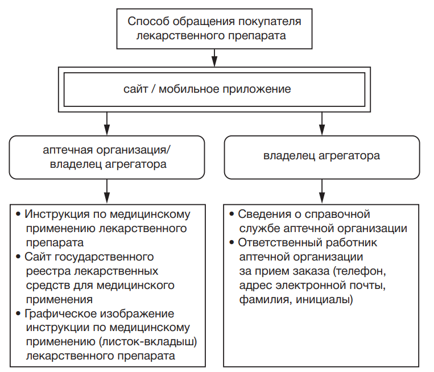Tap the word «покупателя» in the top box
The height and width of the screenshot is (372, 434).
pos(270,22)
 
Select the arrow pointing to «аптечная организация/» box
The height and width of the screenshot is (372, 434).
pos(107,122)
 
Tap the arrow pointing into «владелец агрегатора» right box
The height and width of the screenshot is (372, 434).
pos(322,122)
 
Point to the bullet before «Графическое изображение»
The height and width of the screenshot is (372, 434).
pos(19,314)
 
